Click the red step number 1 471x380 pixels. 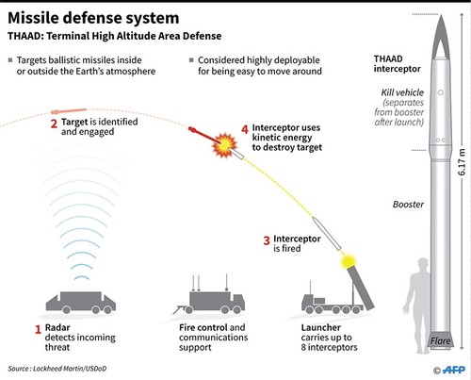[38, 329]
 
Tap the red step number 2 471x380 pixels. [54, 124]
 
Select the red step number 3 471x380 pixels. [267, 240]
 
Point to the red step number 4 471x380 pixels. [245, 129]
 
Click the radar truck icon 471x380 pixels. [81, 303]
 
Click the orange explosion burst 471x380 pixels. [224, 145]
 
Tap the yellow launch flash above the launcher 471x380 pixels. [349, 262]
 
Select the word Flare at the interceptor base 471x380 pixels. [440, 341]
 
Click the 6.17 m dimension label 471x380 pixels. [462, 162]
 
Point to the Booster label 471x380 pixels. [408, 205]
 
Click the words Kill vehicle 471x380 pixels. [402, 92]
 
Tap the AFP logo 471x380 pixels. [453, 370]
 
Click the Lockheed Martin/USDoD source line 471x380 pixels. [57, 369]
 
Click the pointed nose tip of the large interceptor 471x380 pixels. [441, 15]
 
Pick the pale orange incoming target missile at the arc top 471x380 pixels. [69, 111]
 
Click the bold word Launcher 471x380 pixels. [320, 327]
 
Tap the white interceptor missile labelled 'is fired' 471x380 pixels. [327, 233]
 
